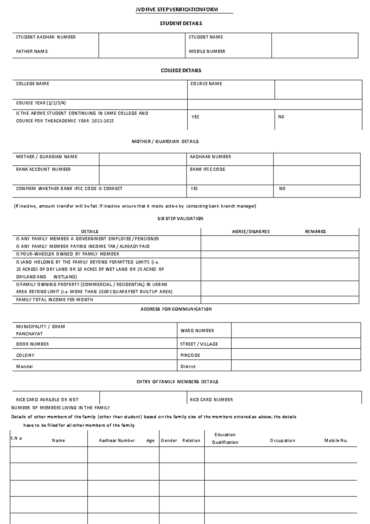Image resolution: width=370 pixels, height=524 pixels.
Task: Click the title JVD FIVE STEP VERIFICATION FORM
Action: point(177,10)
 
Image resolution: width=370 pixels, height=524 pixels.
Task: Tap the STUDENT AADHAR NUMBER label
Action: point(46,37)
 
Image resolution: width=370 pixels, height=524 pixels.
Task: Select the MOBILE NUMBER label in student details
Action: point(207,52)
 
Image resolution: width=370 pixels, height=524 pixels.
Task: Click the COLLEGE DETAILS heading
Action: point(181,70)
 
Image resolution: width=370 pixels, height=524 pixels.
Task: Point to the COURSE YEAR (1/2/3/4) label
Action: point(41,103)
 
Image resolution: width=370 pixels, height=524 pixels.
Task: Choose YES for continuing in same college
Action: point(195,117)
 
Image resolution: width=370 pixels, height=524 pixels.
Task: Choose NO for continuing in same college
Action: point(281,117)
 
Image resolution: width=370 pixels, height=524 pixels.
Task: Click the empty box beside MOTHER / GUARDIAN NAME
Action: point(142,159)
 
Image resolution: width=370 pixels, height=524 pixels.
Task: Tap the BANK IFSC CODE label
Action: point(208,169)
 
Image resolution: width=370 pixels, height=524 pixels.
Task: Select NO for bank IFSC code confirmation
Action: point(282,189)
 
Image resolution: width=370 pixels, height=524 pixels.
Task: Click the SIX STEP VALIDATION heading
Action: point(180,218)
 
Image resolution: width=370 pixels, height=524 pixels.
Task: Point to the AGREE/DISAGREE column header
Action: point(251,231)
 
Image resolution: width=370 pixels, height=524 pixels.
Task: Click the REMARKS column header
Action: point(315,231)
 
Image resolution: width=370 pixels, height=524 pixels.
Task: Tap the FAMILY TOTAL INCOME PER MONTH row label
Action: point(55,300)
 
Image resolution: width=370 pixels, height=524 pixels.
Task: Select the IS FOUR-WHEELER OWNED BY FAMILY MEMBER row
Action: point(68,254)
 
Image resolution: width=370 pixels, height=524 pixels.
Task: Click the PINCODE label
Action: point(190,355)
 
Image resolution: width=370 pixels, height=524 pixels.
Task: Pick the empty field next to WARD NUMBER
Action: point(296,331)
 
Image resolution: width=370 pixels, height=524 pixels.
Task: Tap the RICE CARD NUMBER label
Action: point(211,400)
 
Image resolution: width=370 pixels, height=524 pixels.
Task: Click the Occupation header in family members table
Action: point(282,441)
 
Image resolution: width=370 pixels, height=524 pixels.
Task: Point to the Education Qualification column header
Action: point(225,439)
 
